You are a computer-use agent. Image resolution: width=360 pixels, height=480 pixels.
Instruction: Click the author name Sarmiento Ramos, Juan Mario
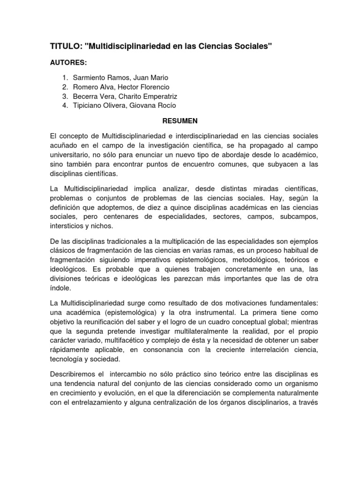[120, 77]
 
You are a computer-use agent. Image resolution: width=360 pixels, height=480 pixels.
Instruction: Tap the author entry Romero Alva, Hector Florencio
[121, 87]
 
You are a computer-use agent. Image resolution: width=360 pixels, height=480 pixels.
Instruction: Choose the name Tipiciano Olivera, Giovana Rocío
[125, 105]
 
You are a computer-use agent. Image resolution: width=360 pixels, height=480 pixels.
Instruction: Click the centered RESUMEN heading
[180, 120]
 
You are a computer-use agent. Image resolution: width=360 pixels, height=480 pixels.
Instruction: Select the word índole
[60, 288]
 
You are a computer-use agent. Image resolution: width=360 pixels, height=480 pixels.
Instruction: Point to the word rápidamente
[70, 350]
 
